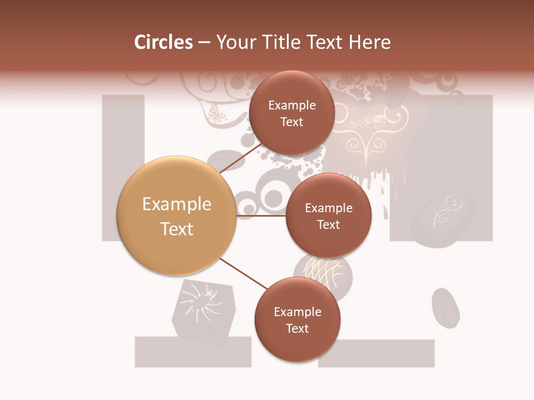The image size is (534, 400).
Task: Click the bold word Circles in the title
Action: (163, 42)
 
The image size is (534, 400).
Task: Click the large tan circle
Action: (176, 216)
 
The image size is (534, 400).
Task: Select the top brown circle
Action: (291, 113)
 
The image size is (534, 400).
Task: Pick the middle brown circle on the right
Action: (328, 216)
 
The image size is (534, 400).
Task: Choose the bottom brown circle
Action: (297, 319)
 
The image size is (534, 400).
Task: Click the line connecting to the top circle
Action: (241, 158)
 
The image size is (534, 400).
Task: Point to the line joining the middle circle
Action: (261, 216)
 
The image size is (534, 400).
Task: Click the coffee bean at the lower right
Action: (446, 308)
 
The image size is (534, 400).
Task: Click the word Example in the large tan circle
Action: (176, 204)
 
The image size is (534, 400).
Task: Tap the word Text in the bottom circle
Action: (297, 328)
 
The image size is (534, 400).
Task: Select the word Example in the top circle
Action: (291, 105)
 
